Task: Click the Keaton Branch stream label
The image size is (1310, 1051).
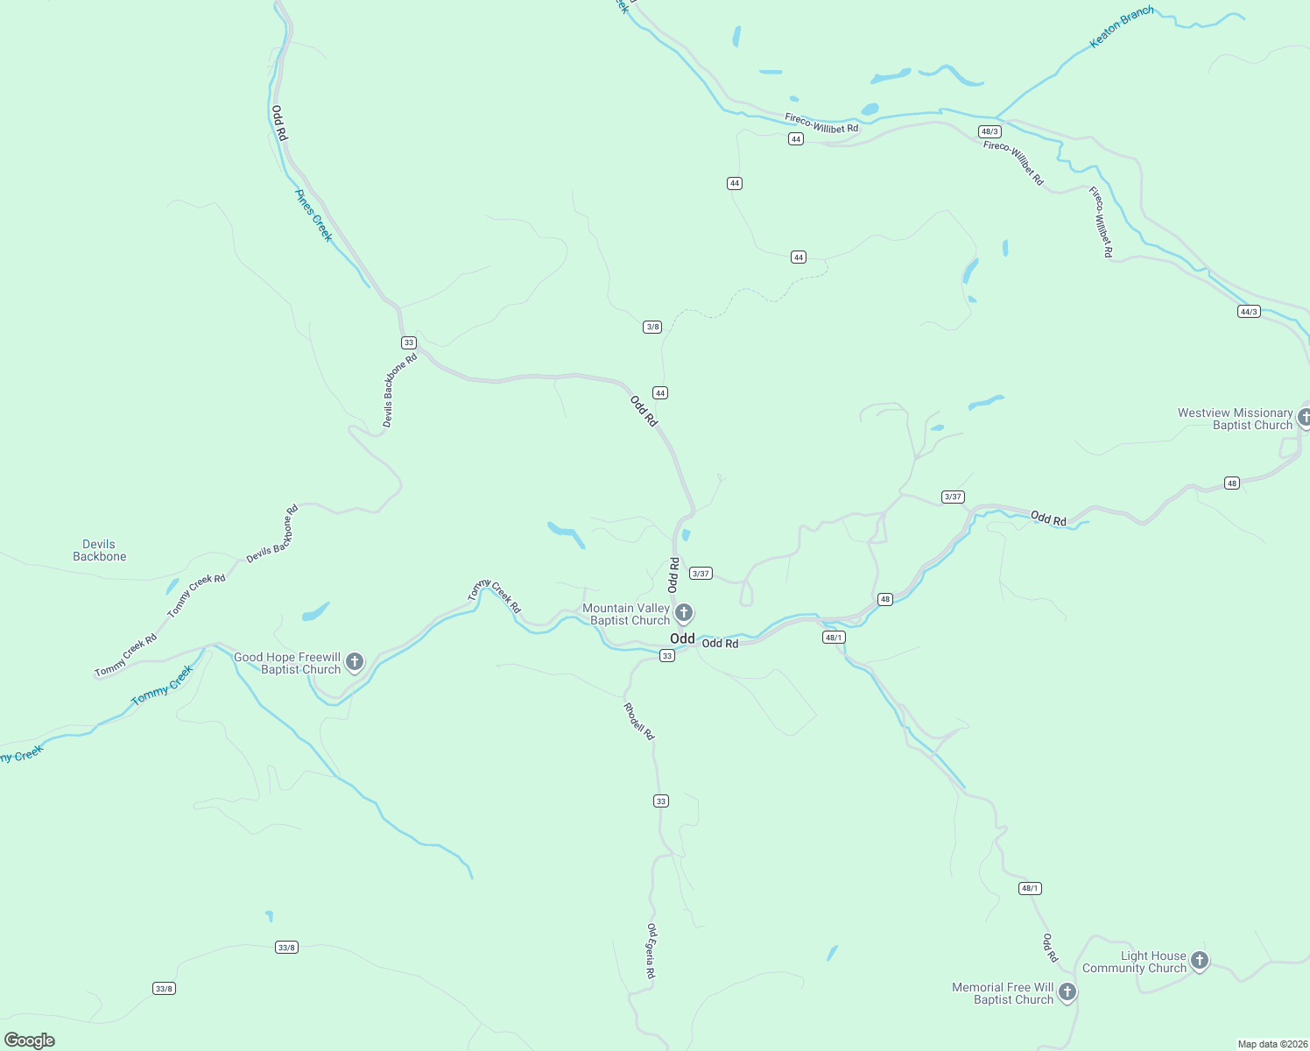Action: pos(1121,27)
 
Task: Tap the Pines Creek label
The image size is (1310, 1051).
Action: pos(313,215)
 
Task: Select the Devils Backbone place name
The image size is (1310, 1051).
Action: pos(99,550)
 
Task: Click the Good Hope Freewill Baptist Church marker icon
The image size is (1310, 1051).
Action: pos(355,662)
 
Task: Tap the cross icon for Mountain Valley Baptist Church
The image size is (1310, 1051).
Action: pos(684,612)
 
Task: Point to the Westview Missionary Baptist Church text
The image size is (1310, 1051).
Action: pos(1235,419)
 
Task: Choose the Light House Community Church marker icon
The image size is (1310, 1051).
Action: pos(1200,961)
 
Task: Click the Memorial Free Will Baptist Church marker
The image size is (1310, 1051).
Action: pos(1067,992)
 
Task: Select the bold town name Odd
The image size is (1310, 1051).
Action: pos(682,638)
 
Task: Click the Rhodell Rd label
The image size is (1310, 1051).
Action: pos(638,722)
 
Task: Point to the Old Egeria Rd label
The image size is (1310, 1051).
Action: pos(651,951)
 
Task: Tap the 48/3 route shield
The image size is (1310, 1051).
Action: pos(990,131)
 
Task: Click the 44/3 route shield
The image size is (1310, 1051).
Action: pos(1249,312)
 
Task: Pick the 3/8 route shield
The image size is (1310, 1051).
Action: pos(652,327)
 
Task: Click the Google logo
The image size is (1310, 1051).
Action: pos(30,1040)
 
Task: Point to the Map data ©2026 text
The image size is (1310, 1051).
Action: pos(1271,1044)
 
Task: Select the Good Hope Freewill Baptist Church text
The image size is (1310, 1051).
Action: pos(287,663)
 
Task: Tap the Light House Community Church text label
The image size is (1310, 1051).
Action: pos(1134,962)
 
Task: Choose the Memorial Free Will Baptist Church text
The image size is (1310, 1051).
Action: pos(1003,993)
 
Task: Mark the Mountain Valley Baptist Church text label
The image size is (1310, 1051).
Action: pos(626,614)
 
